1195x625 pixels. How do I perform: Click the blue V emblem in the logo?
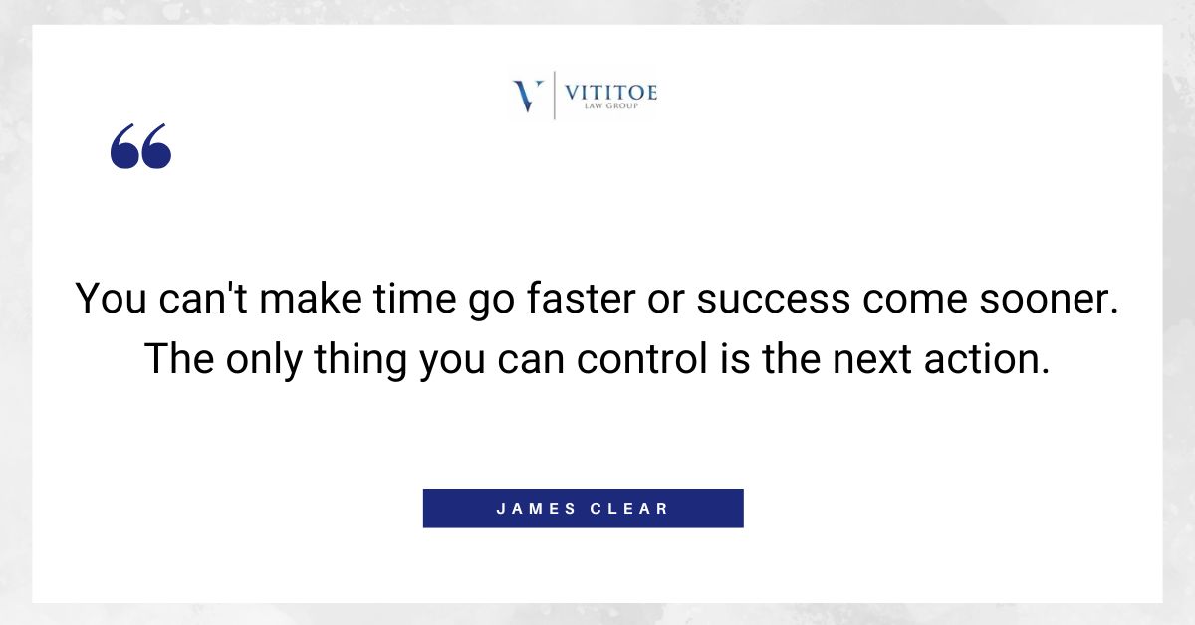coord(528,96)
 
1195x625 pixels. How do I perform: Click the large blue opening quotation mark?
coord(140,147)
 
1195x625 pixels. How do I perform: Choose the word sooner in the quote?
coord(1039,299)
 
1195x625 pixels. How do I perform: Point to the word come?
coord(902,299)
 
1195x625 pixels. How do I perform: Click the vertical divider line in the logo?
coord(554,96)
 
